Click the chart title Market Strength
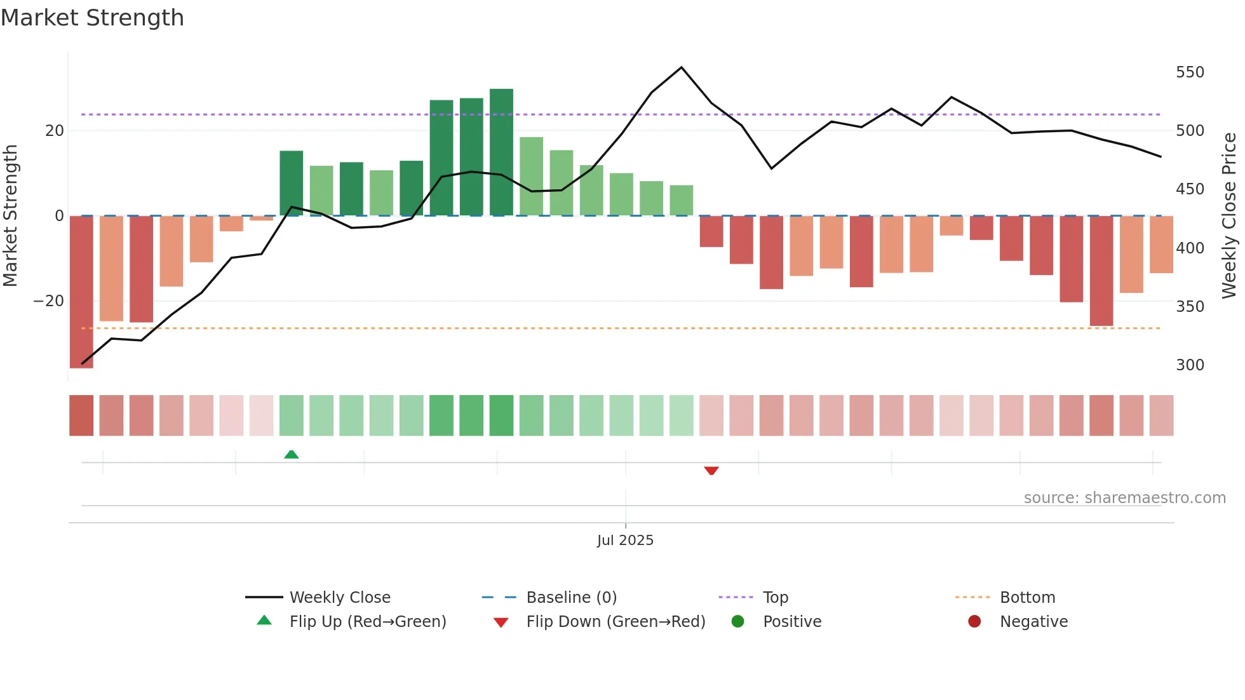click(92, 18)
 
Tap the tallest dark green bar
click(501, 152)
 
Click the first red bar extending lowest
click(81, 292)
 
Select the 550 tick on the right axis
click(1189, 72)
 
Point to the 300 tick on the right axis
click(1189, 365)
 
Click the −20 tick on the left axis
click(49, 301)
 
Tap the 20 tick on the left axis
click(55, 131)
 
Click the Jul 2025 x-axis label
click(625, 541)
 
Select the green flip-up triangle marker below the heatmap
click(292, 454)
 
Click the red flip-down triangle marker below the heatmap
click(711, 471)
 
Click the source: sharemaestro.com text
click(1124, 498)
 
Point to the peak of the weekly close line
click(682, 67)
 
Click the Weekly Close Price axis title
click(1229, 216)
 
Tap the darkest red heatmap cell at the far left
click(81, 415)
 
